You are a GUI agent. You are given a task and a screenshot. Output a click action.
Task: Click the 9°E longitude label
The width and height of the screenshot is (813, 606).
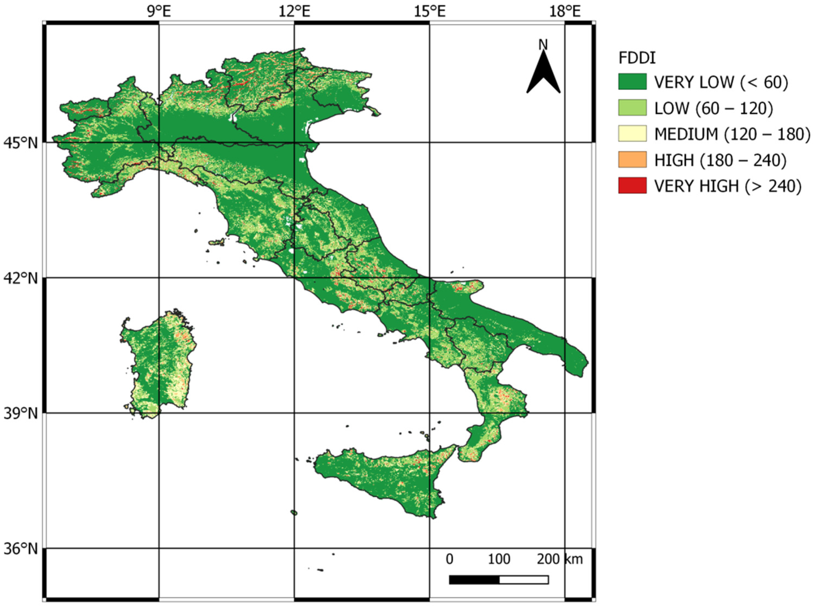pos(159,12)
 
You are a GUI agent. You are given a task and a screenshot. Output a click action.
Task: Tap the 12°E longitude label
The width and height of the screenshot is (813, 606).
pos(294,12)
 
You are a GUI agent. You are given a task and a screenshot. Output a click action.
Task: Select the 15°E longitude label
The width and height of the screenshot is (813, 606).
pos(430,12)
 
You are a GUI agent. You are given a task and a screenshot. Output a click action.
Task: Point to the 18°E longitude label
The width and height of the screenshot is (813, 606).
pos(565,12)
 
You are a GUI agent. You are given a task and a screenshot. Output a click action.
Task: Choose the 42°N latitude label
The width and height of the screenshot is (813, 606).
pos(21,278)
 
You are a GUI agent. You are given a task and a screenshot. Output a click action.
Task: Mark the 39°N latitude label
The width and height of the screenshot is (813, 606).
pos(21,414)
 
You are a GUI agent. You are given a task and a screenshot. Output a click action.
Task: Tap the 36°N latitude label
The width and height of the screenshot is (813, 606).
pos(21,549)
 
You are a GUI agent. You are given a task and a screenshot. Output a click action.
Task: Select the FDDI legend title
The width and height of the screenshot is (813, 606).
pos(637,58)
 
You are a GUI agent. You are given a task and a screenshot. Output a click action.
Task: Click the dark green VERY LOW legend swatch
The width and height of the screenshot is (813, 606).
pos(632,82)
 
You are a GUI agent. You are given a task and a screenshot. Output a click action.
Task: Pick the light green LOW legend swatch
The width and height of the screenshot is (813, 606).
pos(632,108)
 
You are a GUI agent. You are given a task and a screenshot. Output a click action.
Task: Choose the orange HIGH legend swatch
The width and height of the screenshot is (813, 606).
pos(632,160)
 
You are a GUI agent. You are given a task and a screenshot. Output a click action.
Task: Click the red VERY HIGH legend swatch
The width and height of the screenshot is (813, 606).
pos(632,186)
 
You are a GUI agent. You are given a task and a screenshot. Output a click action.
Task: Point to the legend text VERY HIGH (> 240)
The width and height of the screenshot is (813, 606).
pos(728,186)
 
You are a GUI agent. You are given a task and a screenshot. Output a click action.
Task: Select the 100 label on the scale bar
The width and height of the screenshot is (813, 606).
pos(499,559)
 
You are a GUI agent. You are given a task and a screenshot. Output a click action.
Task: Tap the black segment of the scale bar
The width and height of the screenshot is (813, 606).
pos(474,580)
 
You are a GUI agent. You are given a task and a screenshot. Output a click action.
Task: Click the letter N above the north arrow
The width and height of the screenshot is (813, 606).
pos(543,45)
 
